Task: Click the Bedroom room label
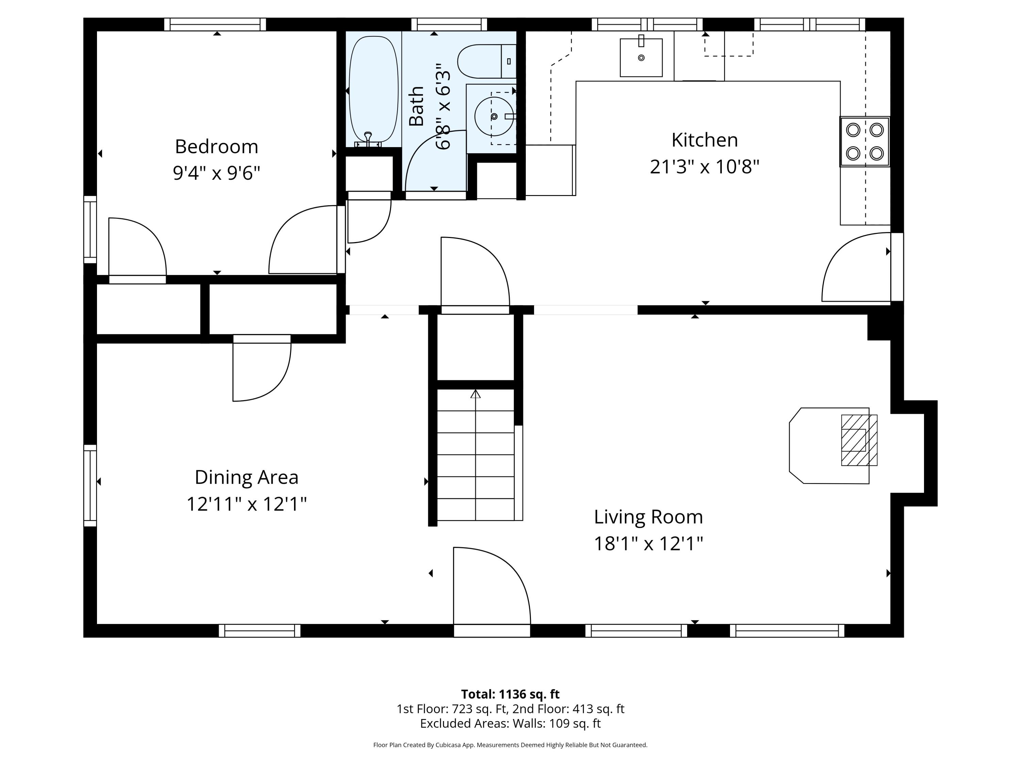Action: point(216,147)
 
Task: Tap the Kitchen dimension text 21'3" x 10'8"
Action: point(704,167)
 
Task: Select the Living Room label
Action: point(648,517)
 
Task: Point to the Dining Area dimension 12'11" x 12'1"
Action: point(246,504)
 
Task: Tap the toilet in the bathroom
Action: point(486,61)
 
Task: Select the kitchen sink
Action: point(641,57)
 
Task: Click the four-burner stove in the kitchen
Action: point(864,141)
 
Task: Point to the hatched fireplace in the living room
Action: point(859,440)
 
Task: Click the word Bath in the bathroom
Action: point(417,106)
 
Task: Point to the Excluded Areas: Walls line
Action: point(510,723)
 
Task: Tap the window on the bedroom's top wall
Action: point(215,25)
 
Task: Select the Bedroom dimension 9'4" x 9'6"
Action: point(216,173)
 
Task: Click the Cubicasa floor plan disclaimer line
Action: point(510,745)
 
